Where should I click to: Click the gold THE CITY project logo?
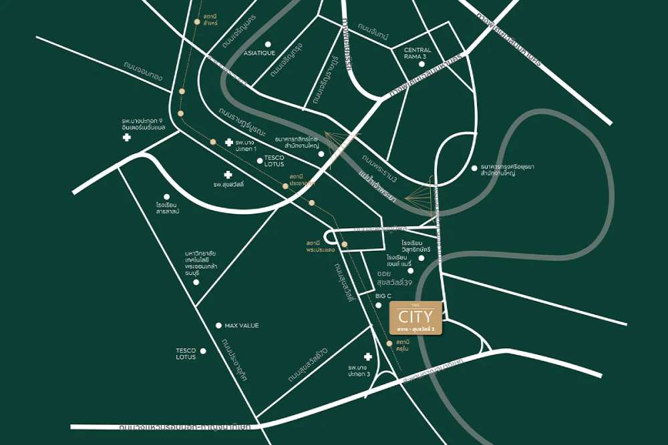pyautogui.click(x=415, y=318)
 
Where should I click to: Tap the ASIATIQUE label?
pyautogui.click(x=259, y=53)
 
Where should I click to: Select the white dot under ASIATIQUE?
pyautogui.click(x=268, y=45)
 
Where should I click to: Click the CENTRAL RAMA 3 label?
pyautogui.click(x=417, y=54)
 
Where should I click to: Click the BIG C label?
pyautogui.click(x=383, y=295)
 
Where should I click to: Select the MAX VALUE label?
pyautogui.click(x=241, y=326)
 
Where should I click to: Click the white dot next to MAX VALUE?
pyautogui.click(x=218, y=326)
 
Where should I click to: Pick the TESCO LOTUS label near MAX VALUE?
pyautogui.click(x=186, y=354)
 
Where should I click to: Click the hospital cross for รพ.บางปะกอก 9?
pyautogui.click(x=126, y=137)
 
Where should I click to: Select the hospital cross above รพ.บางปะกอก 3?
pyautogui.click(x=367, y=357)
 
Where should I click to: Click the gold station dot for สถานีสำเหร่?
pyautogui.click(x=196, y=21)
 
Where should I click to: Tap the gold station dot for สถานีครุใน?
pyautogui.click(x=390, y=344)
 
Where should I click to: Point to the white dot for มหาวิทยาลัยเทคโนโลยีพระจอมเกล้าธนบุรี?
pyautogui.click(x=196, y=282)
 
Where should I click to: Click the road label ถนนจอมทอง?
pyautogui.click(x=143, y=72)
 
